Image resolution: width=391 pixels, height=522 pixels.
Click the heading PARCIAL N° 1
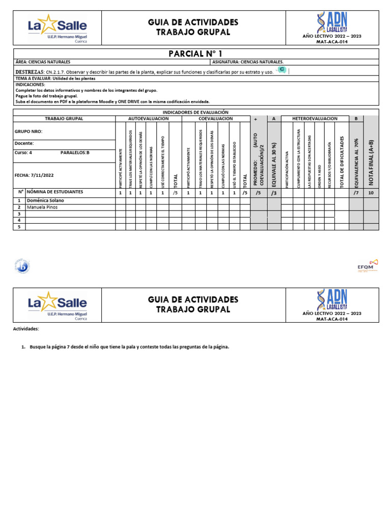(x=195, y=54)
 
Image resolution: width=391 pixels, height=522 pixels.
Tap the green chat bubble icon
(x=281, y=70)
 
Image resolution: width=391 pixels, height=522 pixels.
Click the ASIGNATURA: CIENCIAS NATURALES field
(x=248, y=62)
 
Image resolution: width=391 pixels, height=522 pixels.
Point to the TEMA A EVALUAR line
(x=55, y=79)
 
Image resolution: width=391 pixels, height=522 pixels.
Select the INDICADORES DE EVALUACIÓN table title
(x=195, y=112)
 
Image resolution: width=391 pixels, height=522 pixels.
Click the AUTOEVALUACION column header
(x=148, y=118)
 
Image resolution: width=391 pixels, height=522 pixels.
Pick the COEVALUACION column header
(x=215, y=118)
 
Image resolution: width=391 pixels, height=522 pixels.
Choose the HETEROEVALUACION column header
(x=315, y=118)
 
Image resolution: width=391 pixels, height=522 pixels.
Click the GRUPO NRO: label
(x=29, y=132)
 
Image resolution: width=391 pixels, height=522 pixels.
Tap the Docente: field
(x=24, y=144)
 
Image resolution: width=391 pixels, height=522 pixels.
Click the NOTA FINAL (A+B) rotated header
(x=371, y=156)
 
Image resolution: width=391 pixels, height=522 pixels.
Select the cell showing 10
(x=371, y=193)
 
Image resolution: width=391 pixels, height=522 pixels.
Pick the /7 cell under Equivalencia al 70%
(x=356, y=193)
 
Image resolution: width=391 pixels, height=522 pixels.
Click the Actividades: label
(x=25, y=329)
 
